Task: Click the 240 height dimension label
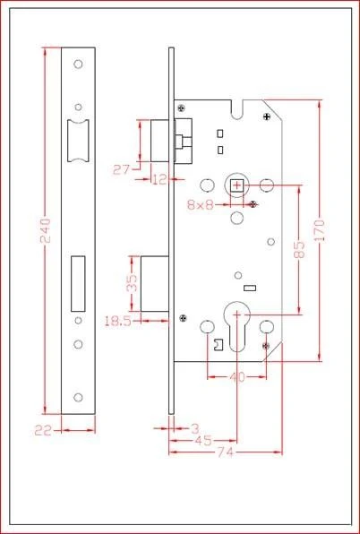coord(46,230)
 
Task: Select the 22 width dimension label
coord(43,431)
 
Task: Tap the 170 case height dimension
coord(320,230)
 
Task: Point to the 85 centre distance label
coord(299,250)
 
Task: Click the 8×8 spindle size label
coord(200,204)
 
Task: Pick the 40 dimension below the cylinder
coord(237,377)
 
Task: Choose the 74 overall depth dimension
coord(225,452)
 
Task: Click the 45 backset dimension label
coord(204,440)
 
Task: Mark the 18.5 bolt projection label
coord(117,321)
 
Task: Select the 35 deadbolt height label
coord(132,283)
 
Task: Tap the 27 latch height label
coord(122,169)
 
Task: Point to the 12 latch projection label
coord(159,179)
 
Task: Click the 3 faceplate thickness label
coord(195,428)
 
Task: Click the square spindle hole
coord(237,186)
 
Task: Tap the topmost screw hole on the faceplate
coord(78,64)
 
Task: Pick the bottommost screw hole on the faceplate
coord(78,398)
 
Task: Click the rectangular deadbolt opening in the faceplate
coord(78,283)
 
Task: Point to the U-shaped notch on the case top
coord(237,109)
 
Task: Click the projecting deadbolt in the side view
coord(155,283)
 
